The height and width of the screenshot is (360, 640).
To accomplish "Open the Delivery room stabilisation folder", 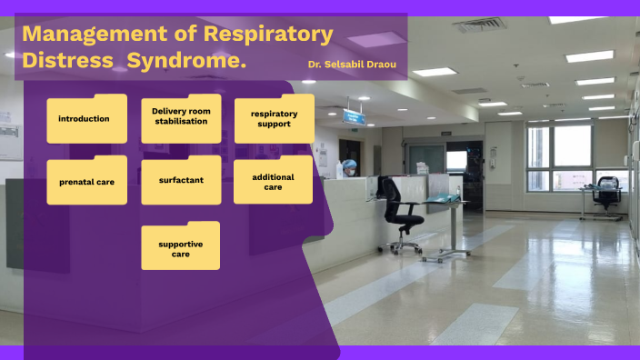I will pyautogui.click(x=181, y=118).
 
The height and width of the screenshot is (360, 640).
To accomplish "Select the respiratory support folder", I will pyautogui.click(x=274, y=119).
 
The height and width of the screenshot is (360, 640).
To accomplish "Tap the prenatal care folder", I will pyautogui.click(x=86, y=181).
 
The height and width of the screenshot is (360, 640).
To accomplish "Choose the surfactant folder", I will pyautogui.click(x=181, y=180).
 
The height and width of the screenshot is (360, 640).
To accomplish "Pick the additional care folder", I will pyautogui.click(x=274, y=181).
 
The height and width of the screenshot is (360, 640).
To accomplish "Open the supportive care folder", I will pyautogui.click(x=180, y=246).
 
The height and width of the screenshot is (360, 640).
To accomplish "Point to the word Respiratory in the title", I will pyautogui.click(x=268, y=35).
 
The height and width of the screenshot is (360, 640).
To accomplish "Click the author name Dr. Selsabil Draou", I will pyautogui.click(x=352, y=65).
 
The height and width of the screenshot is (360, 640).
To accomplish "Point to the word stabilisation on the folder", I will pyautogui.click(x=181, y=122).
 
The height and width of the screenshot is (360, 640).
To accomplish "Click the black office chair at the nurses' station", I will pyautogui.click(x=400, y=214).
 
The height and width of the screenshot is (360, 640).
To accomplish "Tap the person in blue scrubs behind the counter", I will pyautogui.click(x=348, y=168).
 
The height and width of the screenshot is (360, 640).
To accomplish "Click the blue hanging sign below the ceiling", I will pyautogui.click(x=354, y=116).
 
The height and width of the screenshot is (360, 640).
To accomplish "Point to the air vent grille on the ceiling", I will pyautogui.click(x=479, y=25).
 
